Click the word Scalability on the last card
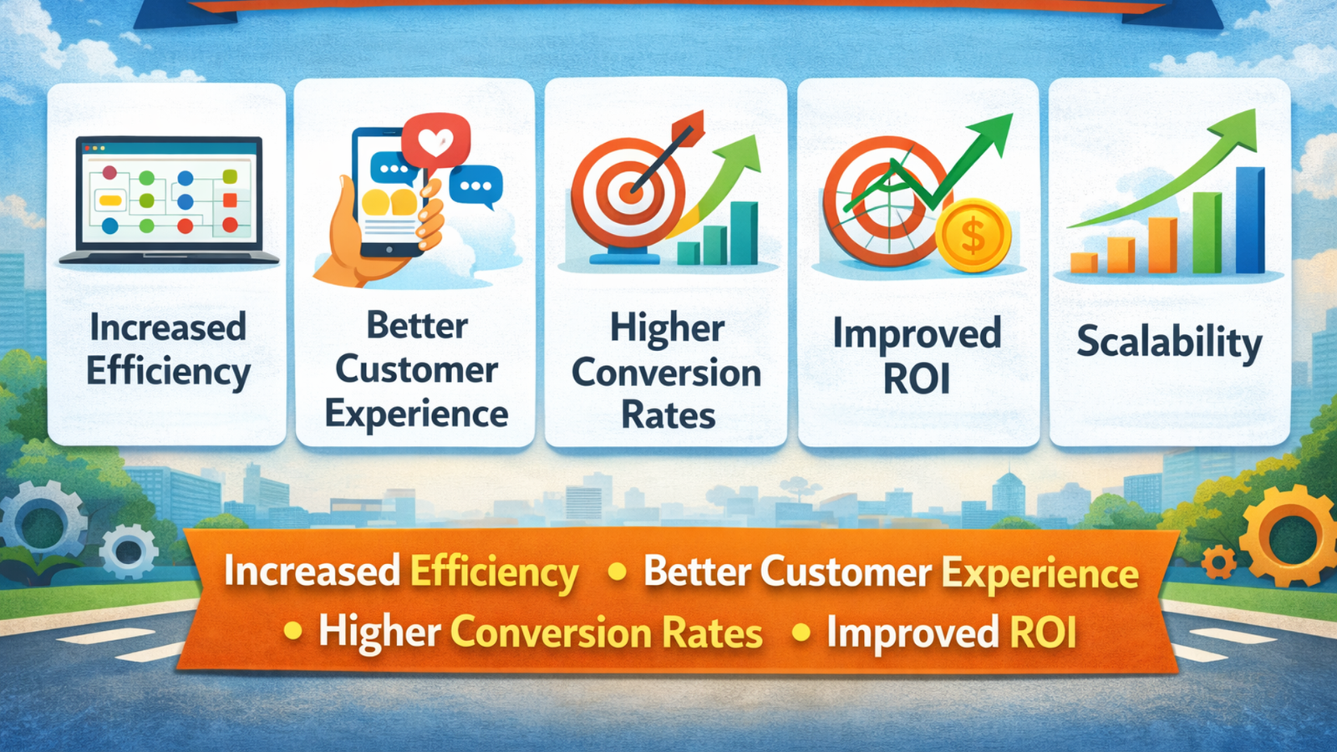click(x=1168, y=343)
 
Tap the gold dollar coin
click(x=973, y=236)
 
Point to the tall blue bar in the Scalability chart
click(x=1250, y=221)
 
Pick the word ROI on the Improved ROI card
click(x=917, y=379)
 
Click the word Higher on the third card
click(x=667, y=328)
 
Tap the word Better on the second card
click(x=417, y=326)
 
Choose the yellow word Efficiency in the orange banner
click(x=494, y=573)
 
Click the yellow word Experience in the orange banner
click(x=1040, y=574)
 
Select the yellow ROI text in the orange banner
click(x=1043, y=633)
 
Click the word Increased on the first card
click(x=168, y=328)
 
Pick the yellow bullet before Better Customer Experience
click(x=618, y=572)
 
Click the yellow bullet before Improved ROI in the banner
click(x=801, y=633)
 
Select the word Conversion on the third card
click(x=666, y=373)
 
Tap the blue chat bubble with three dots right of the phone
click(x=475, y=185)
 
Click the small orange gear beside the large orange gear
click(x=1219, y=562)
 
